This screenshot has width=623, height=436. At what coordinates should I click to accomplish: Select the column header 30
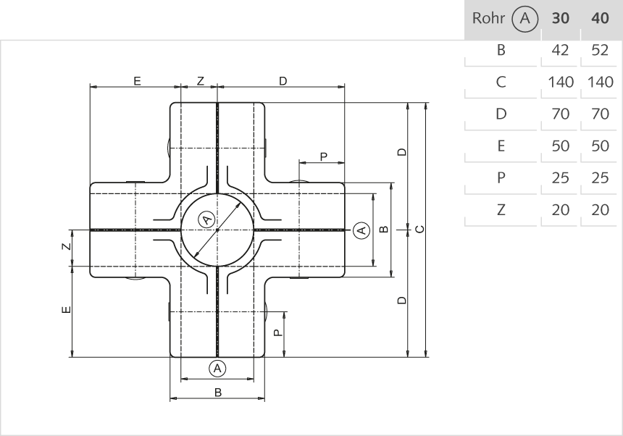pyautogui.click(x=560, y=19)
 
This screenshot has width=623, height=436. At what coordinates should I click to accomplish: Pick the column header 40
pyautogui.click(x=600, y=19)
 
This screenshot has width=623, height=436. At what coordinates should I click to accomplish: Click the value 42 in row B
pyautogui.click(x=560, y=51)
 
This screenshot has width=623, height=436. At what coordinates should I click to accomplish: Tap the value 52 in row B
pyautogui.click(x=600, y=51)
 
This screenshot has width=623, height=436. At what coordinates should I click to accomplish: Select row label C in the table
pyautogui.click(x=501, y=82)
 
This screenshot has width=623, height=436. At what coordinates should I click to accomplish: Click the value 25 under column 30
pyautogui.click(x=560, y=177)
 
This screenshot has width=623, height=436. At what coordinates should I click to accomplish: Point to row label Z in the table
pyautogui.click(x=501, y=209)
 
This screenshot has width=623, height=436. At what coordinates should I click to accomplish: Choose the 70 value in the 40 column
pyautogui.click(x=600, y=114)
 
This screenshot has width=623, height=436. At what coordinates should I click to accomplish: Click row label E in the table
pyautogui.click(x=501, y=146)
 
